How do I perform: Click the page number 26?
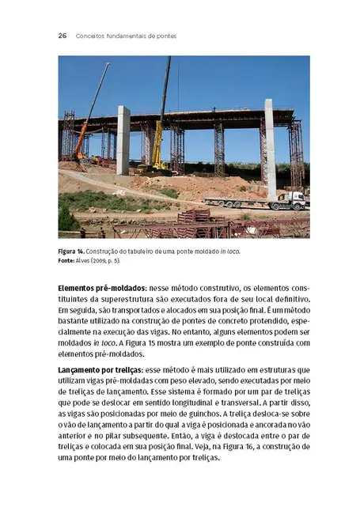(62, 36)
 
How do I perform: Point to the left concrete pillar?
(123, 140)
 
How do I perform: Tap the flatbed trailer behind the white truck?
(237, 202)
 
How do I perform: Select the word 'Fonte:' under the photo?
(69, 260)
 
